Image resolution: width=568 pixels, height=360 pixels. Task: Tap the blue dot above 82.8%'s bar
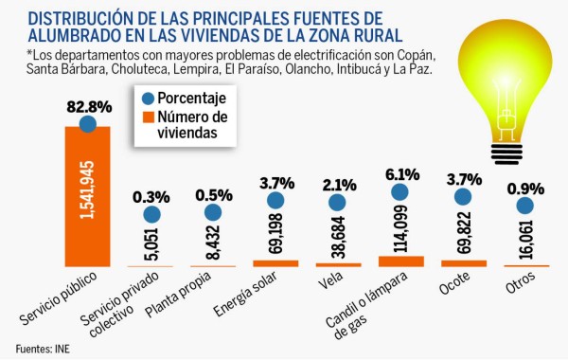click(x=88, y=123)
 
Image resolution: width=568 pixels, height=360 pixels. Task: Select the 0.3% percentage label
click(x=151, y=197)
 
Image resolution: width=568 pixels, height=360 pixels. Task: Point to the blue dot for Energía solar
click(x=275, y=200)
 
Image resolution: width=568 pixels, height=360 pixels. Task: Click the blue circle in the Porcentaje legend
click(x=145, y=99)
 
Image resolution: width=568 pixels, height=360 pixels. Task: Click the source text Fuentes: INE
click(x=43, y=348)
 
